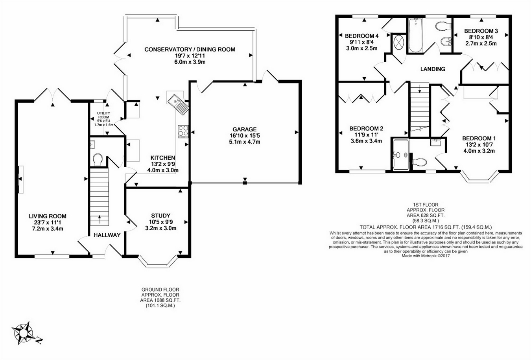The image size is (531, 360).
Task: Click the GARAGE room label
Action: [x=245, y=129]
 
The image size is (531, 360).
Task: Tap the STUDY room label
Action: [x=161, y=216]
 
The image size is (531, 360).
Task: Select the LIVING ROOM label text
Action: [x=48, y=216]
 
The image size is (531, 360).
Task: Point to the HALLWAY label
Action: [x=107, y=235]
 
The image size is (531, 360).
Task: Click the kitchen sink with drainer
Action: [x=178, y=105]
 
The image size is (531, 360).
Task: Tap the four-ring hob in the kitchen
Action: [x=183, y=131]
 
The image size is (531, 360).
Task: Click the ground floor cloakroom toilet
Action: [x=98, y=159]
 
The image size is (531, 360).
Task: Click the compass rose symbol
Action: [x=23, y=333]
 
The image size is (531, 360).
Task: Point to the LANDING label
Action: [x=433, y=69]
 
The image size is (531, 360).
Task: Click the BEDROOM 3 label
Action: [x=481, y=31]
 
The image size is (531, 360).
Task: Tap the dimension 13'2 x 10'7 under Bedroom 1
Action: [x=479, y=145]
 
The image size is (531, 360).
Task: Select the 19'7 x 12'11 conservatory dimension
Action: [x=190, y=56]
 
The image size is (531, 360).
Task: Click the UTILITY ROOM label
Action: [x=104, y=115]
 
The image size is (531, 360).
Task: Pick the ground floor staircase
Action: [x=100, y=197]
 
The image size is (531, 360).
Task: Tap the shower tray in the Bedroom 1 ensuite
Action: [x=401, y=155]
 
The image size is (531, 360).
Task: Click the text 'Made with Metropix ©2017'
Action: [x=426, y=256]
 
